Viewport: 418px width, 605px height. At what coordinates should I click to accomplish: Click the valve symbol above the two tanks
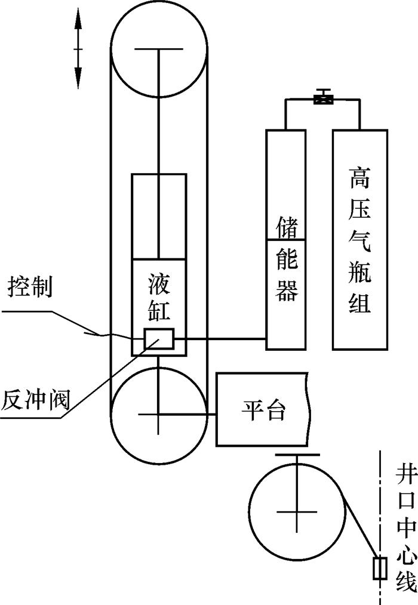(x=323, y=97)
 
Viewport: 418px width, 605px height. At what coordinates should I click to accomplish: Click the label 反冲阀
(x=35, y=398)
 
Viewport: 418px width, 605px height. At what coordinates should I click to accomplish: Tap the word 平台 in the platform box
(x=263, y=410)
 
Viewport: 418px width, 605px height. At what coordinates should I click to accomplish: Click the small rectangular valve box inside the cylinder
(x=159, y=339)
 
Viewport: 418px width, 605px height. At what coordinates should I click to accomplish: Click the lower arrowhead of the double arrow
(x=78, y=78)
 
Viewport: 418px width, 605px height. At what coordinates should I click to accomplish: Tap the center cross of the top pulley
(x=158, y=51)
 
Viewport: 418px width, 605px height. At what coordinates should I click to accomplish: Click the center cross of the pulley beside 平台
(x=158, y=414)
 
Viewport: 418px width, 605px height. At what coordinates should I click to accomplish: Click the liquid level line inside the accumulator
(x=286, y=240)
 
